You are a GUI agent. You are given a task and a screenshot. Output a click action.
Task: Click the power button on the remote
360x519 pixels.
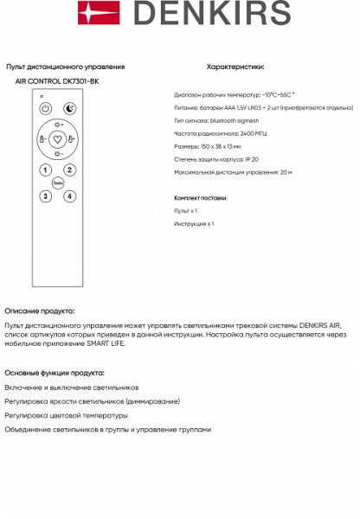click(x=46, y=109)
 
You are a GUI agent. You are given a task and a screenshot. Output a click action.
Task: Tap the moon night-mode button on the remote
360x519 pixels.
click(x=70, y=109)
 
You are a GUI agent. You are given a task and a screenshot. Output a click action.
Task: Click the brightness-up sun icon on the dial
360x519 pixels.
click(x=58, y=125)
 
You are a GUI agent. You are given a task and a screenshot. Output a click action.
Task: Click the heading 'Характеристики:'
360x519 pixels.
click(x=236, y=66)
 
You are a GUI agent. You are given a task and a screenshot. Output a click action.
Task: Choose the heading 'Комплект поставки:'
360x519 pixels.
click(x=202, y=197)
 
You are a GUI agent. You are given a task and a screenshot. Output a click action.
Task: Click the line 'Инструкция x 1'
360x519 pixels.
click(x=195, y=223)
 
